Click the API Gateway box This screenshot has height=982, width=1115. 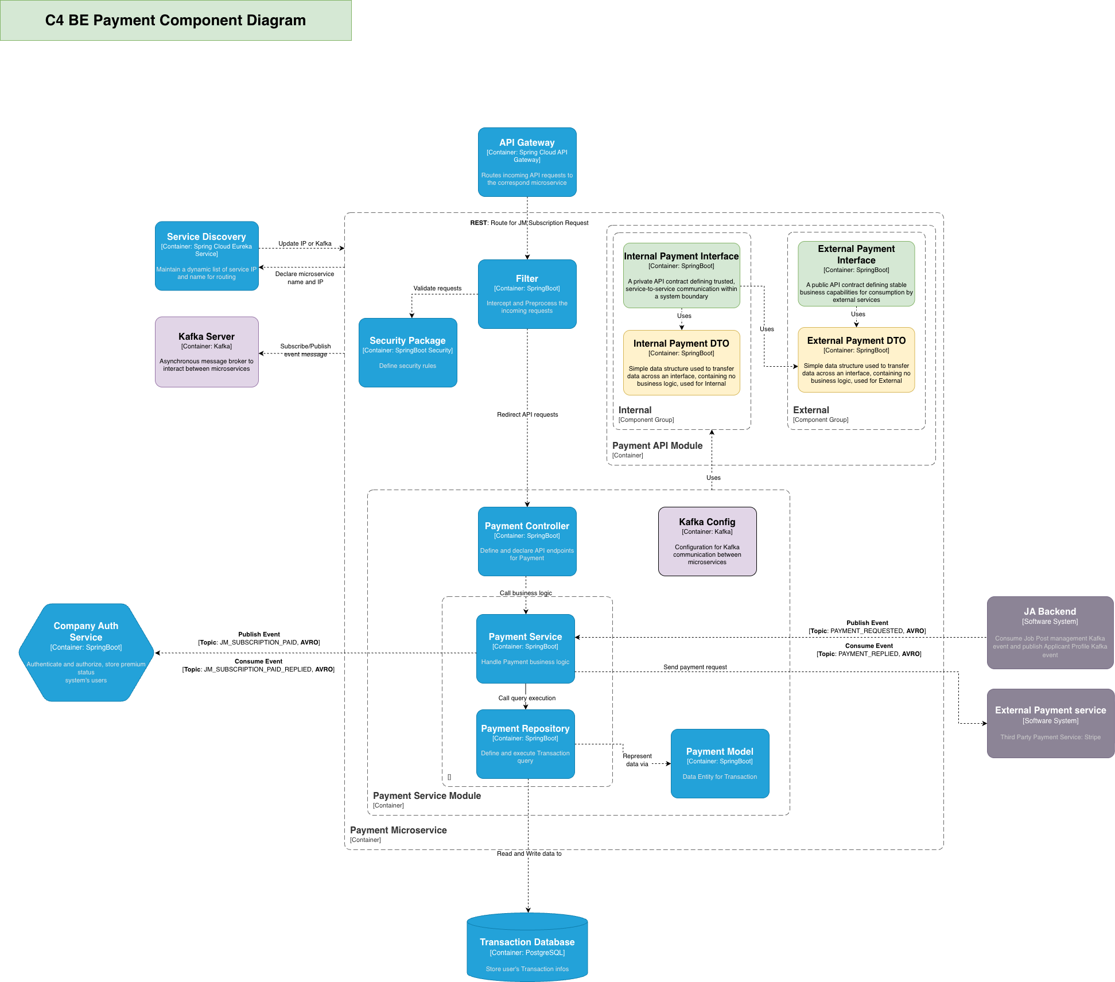[527, 162]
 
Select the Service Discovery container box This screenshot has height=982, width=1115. [207, 256]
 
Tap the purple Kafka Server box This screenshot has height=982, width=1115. [207, 352]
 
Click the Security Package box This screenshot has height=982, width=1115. [407, 352]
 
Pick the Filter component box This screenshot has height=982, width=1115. [527, 294]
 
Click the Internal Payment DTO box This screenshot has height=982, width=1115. [681, 363]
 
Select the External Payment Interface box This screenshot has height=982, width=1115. [856, 274]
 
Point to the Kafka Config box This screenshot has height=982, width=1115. [707, 541]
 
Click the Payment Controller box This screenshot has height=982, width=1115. [527, 541]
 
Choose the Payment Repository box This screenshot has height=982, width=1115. [525, 744]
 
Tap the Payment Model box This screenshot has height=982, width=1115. [720, 763]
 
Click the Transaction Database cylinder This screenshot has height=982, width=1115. [527, 948]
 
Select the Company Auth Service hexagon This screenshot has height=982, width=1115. [86, 653]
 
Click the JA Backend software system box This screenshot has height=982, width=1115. [1050, 632]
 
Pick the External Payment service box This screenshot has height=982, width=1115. [1050, 723]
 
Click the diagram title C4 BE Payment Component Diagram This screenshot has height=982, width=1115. [176, 21]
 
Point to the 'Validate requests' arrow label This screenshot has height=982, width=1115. [437, 288]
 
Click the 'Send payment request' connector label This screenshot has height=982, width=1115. [695, 667]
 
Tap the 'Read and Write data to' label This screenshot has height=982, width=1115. [529, 853]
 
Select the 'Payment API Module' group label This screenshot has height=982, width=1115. [657, 445]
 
